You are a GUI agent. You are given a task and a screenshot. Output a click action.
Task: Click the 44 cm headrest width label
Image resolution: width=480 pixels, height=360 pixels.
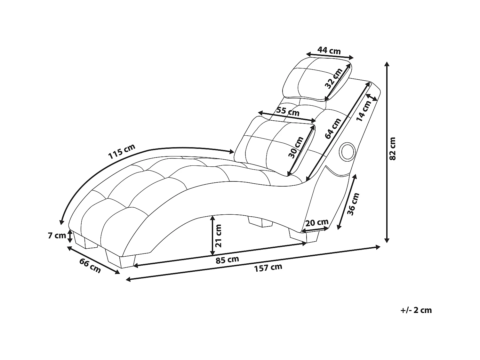pos(329,50)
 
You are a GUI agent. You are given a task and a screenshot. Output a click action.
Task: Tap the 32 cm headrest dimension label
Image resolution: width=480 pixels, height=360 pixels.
pos(333,79)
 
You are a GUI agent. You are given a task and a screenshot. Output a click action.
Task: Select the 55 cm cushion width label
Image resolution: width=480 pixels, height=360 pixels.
pos(288,112)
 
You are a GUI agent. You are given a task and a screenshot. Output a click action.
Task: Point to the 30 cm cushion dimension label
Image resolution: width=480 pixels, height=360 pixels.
pos(296,148)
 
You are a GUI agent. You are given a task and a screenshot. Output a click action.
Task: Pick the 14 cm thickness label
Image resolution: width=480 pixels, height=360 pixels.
pos(364,111)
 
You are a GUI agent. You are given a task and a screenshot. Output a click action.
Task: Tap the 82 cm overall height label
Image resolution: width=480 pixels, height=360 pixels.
pos(392,149)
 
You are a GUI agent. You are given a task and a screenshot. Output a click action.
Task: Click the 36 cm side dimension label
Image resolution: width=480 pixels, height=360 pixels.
pos(353,204)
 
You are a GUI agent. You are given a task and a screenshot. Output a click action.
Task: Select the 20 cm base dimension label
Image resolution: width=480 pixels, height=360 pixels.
pos(316,222)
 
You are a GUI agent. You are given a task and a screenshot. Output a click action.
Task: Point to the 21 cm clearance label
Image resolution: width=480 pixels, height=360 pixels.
pos(218,236)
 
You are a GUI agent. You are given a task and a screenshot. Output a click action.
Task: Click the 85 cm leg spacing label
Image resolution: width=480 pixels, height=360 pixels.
pos(227,260)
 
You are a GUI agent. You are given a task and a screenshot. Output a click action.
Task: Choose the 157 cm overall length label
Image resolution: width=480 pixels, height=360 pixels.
pos(268,268)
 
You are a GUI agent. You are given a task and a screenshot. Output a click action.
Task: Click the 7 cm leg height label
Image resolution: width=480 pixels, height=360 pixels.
pos(57,236)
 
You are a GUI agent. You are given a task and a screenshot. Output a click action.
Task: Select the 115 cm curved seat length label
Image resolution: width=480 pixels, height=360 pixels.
pos(122,152)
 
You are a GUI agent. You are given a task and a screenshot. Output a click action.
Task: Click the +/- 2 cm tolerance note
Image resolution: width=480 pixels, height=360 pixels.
pos(416,310)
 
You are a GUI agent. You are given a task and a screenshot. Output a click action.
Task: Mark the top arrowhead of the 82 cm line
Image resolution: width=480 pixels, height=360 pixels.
pos(387,64)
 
